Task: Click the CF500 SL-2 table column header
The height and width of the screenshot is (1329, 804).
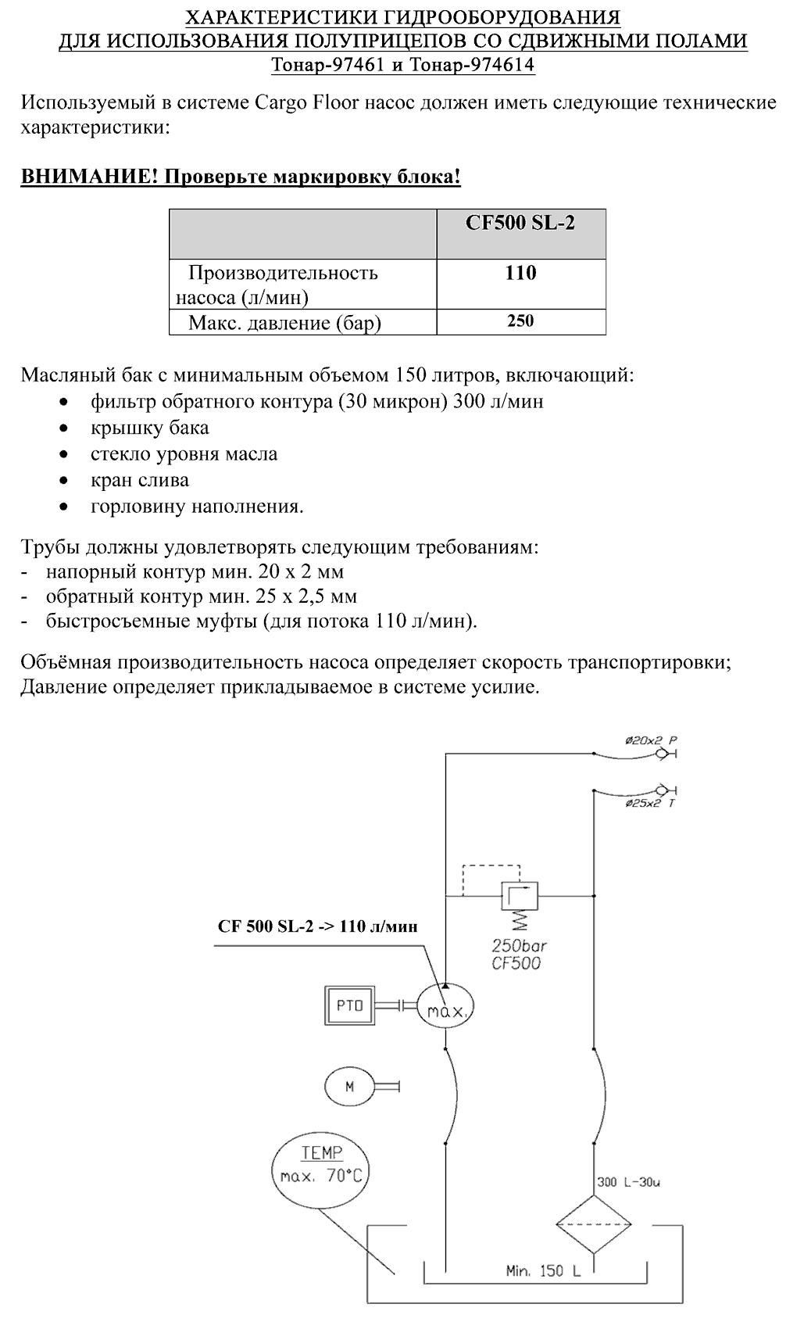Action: pyautogui.click(x=520, y=234)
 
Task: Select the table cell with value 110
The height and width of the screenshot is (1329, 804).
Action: pyautogui.click(x=520, y=284)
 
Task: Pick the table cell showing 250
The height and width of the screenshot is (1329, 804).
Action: pyautogui.click(x=520, y=321)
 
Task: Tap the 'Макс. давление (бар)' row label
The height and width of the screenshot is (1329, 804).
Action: pyautogui.click(x=284, y=323)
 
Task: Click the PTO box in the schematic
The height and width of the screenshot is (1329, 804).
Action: pyautogui.click(x=350, y=1005)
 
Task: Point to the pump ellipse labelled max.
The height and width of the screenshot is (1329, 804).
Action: pyautogui.click(x=445, y=1007)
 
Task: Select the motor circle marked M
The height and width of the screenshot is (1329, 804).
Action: pyautogui.click(x=349, y=1087)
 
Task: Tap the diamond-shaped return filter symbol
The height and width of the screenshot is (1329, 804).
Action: pyautogui.click(x=594, y=1224)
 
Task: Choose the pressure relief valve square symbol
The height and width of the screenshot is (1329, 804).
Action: pyautogui.click(x=520, y=896)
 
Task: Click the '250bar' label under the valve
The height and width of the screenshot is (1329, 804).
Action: pyautogui.click(x=519, y=945)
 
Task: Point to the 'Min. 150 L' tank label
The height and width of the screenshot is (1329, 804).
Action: pyautogui.click(x=543, y=1271)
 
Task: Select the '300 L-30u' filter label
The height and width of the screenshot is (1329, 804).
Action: pyautogui.click(x=628, y=1182)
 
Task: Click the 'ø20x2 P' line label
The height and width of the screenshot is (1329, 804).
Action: pyautogui.click(x=651, y=740)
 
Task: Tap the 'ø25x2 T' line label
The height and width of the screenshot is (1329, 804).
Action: pyautogui.click(x=650, y=804)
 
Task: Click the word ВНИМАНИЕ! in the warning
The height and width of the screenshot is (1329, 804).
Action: pyautogui.click(x=90, y=176)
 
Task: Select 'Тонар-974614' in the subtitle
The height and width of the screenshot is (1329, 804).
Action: pyautogui.click(x=472, y=64)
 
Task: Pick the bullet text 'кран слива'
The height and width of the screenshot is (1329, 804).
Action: pyautogui.click(x=140, y=480)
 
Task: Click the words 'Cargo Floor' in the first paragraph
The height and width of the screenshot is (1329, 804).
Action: pyautogui.click(x=307, y=102)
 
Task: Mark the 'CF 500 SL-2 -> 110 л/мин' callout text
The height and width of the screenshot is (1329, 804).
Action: pyautogui.click(x=318, y=926)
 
